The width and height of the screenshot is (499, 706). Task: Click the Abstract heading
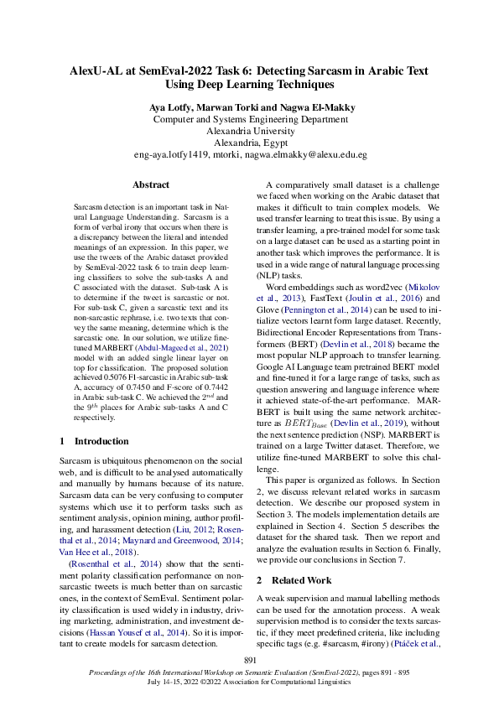pyautogui.click(x=151, y=184)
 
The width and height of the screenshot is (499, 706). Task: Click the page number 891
pyautogui.click(x=249, y=662)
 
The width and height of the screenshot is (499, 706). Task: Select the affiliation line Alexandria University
pyautogui.click(x=249, y=131)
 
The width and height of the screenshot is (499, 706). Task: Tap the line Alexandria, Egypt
pyautogui.click(x=249, y=143)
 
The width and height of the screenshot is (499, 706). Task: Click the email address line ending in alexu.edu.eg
pyautogui.click(x=249, y=155)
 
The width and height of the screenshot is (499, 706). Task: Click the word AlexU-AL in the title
pyautogui.click(x=101, y=71)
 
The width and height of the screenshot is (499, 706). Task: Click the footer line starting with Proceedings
pyautogui.click(x=249, y=674)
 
